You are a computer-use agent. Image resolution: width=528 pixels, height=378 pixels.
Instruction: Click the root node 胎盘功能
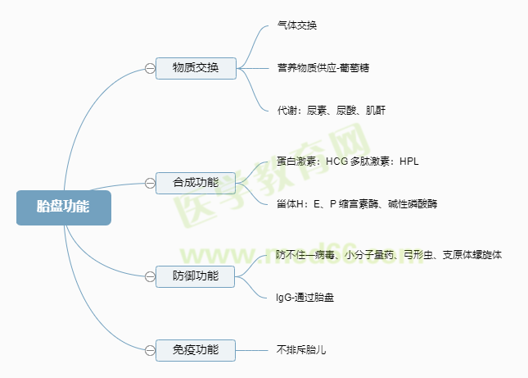coord(63,207)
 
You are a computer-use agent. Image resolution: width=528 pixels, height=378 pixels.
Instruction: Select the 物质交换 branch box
coord(196,68)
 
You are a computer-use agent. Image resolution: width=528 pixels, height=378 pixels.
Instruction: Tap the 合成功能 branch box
coord(196,181)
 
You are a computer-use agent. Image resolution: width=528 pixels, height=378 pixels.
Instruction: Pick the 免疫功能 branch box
coord(196,350)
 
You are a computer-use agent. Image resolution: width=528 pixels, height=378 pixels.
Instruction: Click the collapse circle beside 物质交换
coord(150,68)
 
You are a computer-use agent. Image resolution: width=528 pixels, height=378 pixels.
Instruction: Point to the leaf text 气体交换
coord(297,25)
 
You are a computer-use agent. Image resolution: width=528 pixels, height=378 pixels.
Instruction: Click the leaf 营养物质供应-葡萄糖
coord(323,67)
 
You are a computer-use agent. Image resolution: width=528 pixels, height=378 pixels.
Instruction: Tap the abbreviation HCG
coord(336,162)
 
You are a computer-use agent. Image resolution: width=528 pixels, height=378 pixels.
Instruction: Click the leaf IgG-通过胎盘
coord(305,298)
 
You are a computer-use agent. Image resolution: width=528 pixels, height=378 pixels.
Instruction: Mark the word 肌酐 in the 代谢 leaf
coord(375,110)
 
